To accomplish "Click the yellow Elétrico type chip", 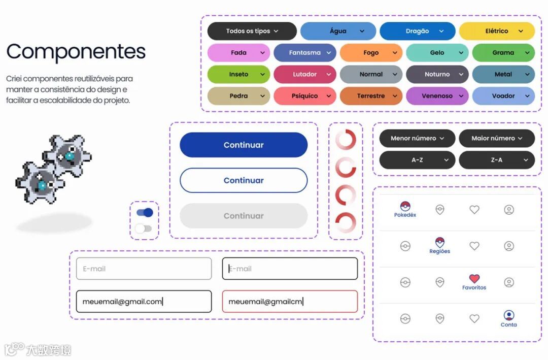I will click(497, 31).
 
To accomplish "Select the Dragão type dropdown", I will click(417, 31).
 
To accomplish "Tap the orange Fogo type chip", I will click(371, 53).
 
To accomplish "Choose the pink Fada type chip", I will click(238, 53).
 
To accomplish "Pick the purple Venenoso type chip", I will click(437, 96).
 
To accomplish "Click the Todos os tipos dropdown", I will click(252, 31).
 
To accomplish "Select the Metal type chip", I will click(503, 74).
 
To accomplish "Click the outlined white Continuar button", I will click(244, 180).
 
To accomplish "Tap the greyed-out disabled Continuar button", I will click(244, 216).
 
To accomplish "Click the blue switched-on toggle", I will click(145, 213).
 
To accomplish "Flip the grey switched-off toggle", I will click(144, 228).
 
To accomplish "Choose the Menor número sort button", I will click(417, 138).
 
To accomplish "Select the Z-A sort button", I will click(496, 160).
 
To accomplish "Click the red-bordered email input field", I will click(290, 302).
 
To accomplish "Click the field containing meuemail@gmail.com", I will click(144, 302).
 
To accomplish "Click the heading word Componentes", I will click(76, 52).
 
